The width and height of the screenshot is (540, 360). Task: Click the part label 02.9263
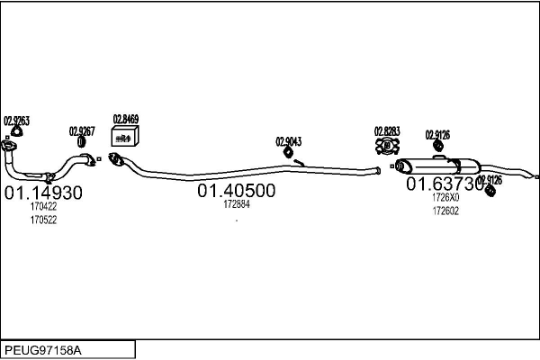click(16, 121)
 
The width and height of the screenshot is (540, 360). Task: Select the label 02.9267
click(81, 130)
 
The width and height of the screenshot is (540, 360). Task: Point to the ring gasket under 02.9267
click(81, 142)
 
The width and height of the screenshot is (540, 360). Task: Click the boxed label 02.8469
click(125, 119)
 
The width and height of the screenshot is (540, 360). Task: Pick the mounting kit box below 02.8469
click(124, 136)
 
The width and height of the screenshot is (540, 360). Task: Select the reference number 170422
click(43, 207)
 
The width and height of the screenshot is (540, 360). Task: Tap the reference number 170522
click(43, 220)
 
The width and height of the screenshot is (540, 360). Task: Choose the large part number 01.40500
click(237, 191)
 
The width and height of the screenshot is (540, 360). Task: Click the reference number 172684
click(237, 204)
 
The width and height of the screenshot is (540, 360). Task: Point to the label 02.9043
click(288, 141)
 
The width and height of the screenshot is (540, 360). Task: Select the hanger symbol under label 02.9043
click(289, 152)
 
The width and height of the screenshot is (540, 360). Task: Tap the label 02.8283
click(388, 131)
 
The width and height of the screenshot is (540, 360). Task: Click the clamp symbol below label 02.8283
click(388, 145)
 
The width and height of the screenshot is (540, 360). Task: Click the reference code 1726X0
click(445, 198)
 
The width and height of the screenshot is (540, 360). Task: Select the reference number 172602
click(445, 211)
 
